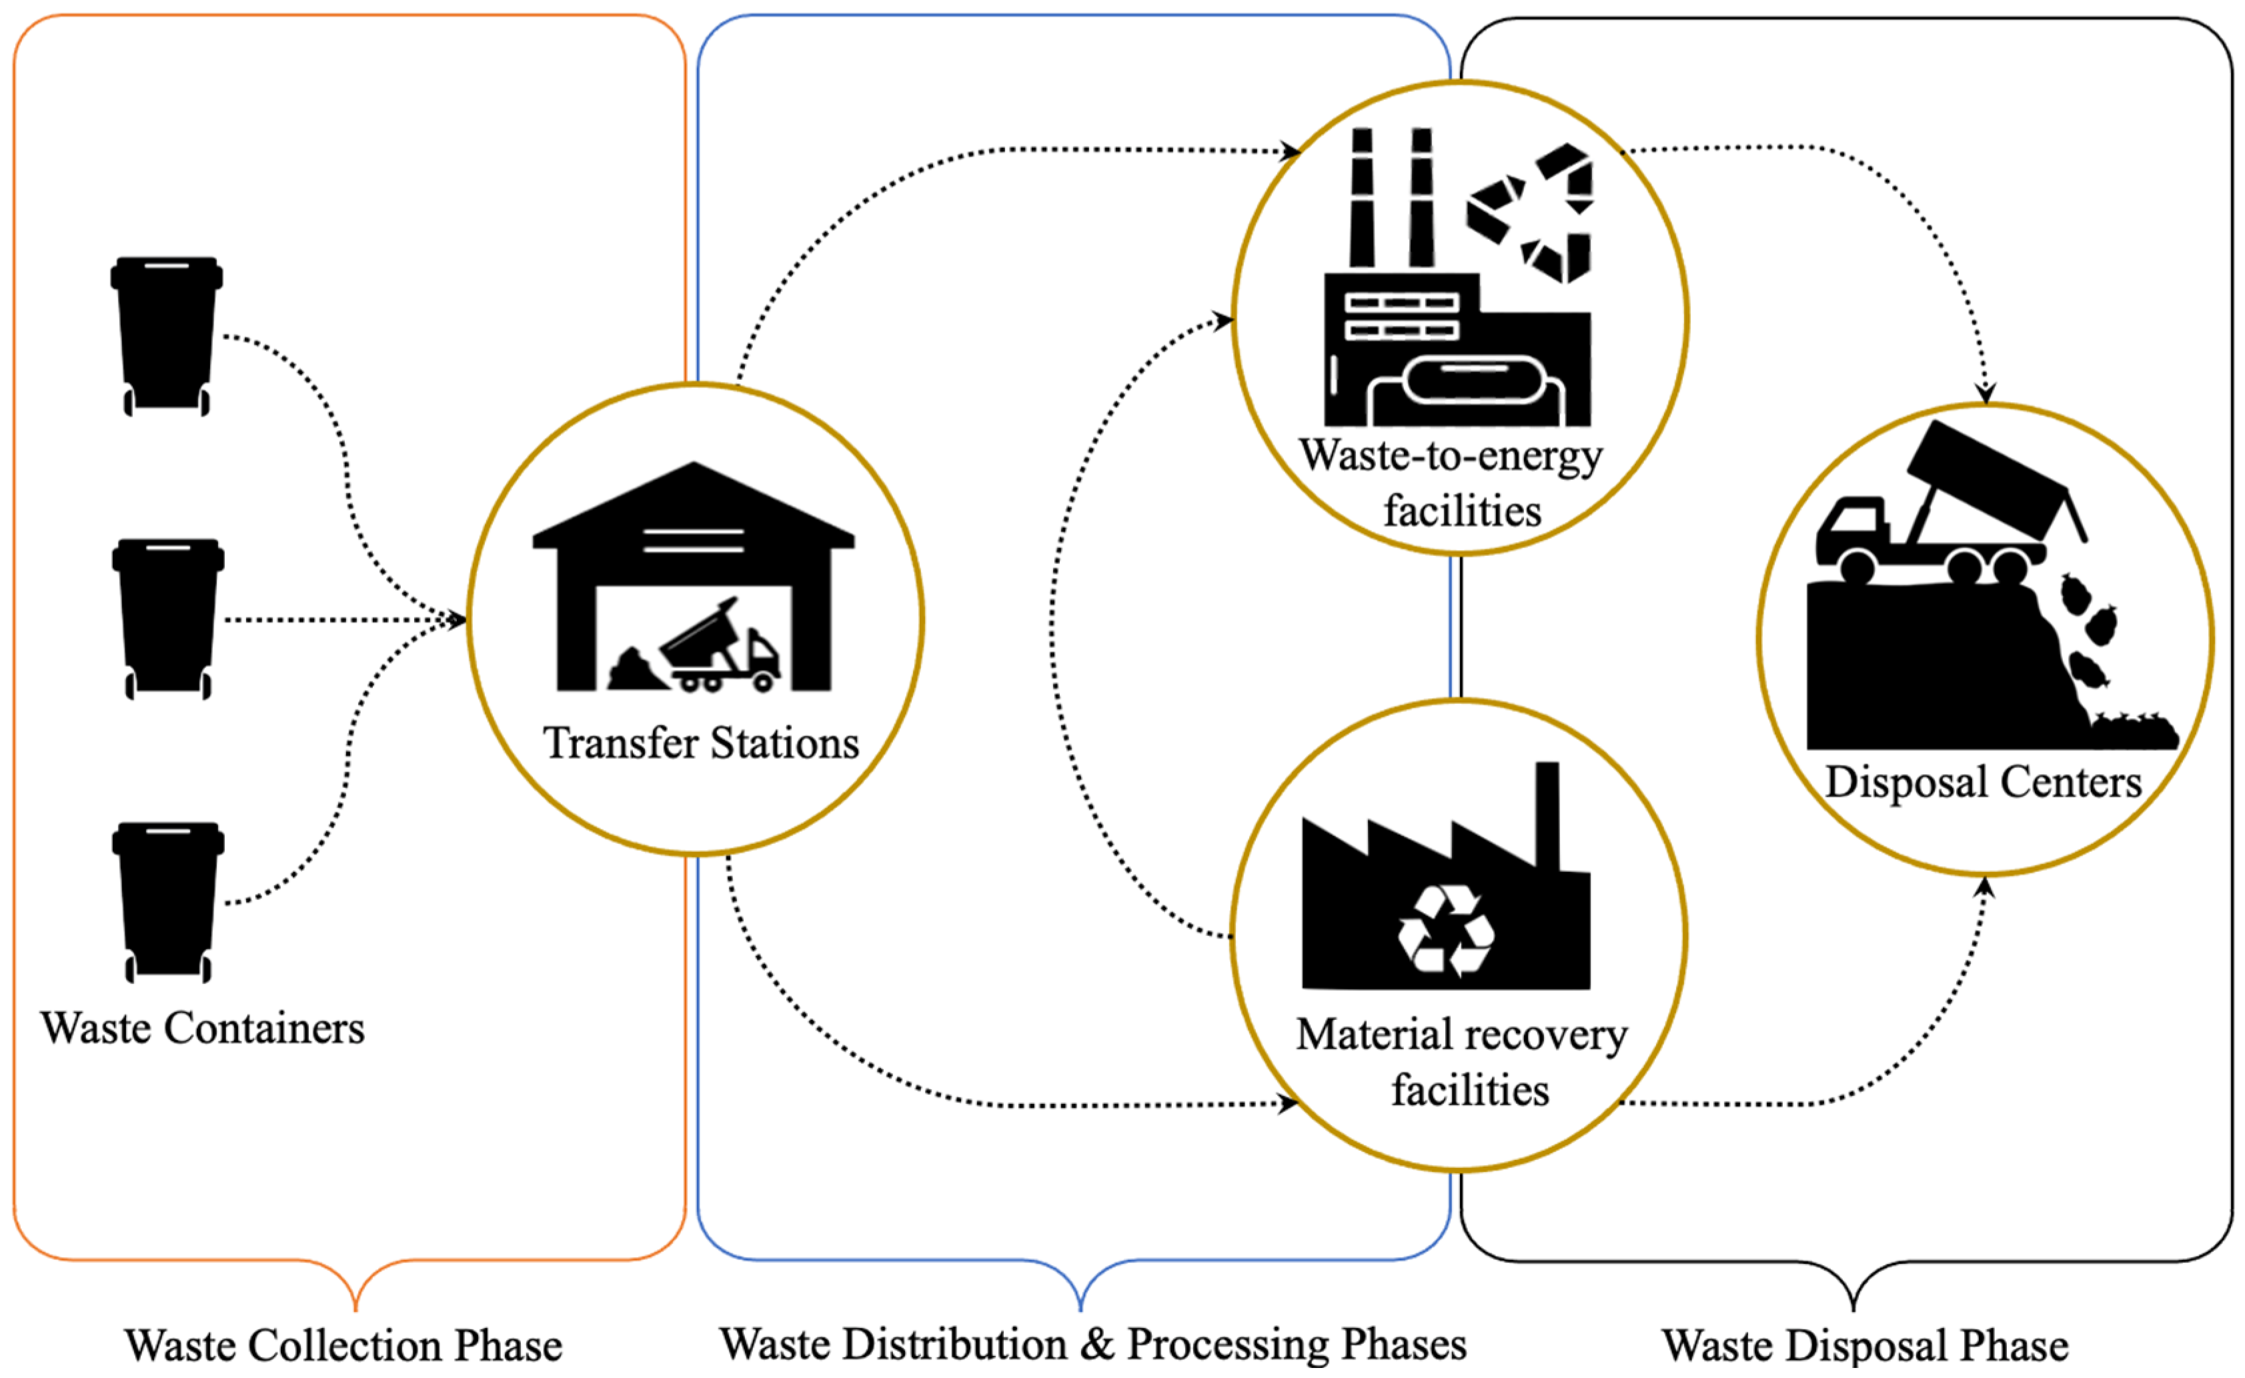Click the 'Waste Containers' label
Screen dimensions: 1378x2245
(x=202, y=1029)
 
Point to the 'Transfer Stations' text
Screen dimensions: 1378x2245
(x=701, y=743)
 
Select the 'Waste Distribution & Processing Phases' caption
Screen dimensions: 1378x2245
(x=1093, y=1344)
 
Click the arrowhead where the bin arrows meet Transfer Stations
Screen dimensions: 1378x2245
(x=456, y=620)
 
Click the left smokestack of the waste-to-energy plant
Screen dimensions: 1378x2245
(x=1362, y=197)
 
